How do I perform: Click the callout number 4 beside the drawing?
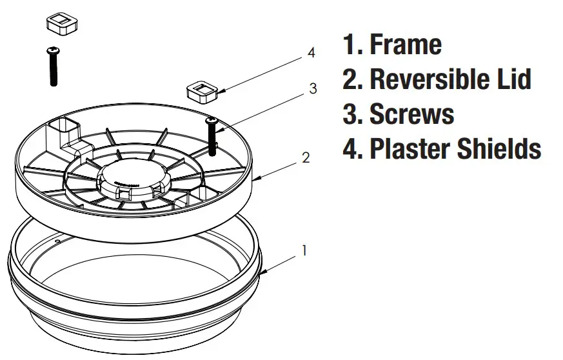tap(311, 53)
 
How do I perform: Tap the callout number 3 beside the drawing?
tap(313, 89)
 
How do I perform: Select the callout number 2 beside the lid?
tap(306, 157)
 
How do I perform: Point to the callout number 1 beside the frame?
tap(304, 250)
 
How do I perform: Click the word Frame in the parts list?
tap(405, 45)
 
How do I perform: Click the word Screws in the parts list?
tap(411, 114)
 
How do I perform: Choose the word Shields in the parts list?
tap(500, 148)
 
